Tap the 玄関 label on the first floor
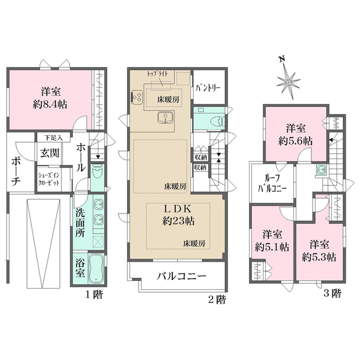tap(50, 152)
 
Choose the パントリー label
tap(208, 88)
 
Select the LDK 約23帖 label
tap(178, 214)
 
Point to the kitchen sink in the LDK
tap(163, 117)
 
